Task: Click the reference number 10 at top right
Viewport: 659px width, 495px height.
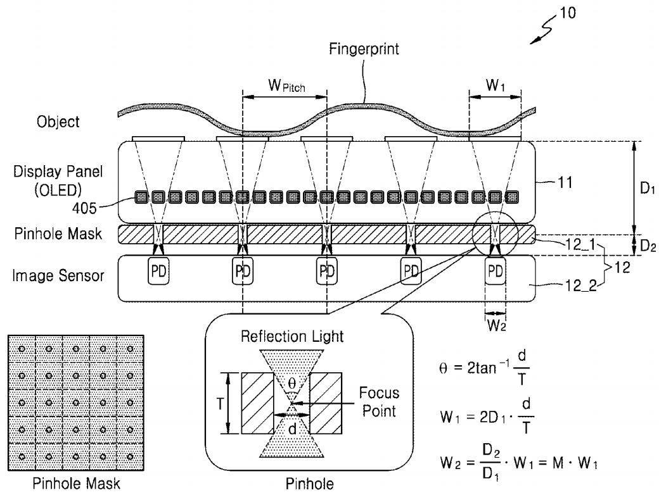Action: pos(568,13)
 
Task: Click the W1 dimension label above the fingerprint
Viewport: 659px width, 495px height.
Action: pos(495,85)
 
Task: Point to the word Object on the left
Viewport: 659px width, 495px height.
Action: pos(58,122)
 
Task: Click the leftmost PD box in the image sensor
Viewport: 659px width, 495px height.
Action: pos(158,271)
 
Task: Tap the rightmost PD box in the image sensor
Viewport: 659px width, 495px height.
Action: pos(495,271)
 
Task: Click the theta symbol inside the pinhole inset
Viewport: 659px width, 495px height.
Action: pos(291,383)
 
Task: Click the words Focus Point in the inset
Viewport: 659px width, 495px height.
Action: pos(375,402)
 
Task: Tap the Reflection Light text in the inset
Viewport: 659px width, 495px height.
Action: pos(292,336)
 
